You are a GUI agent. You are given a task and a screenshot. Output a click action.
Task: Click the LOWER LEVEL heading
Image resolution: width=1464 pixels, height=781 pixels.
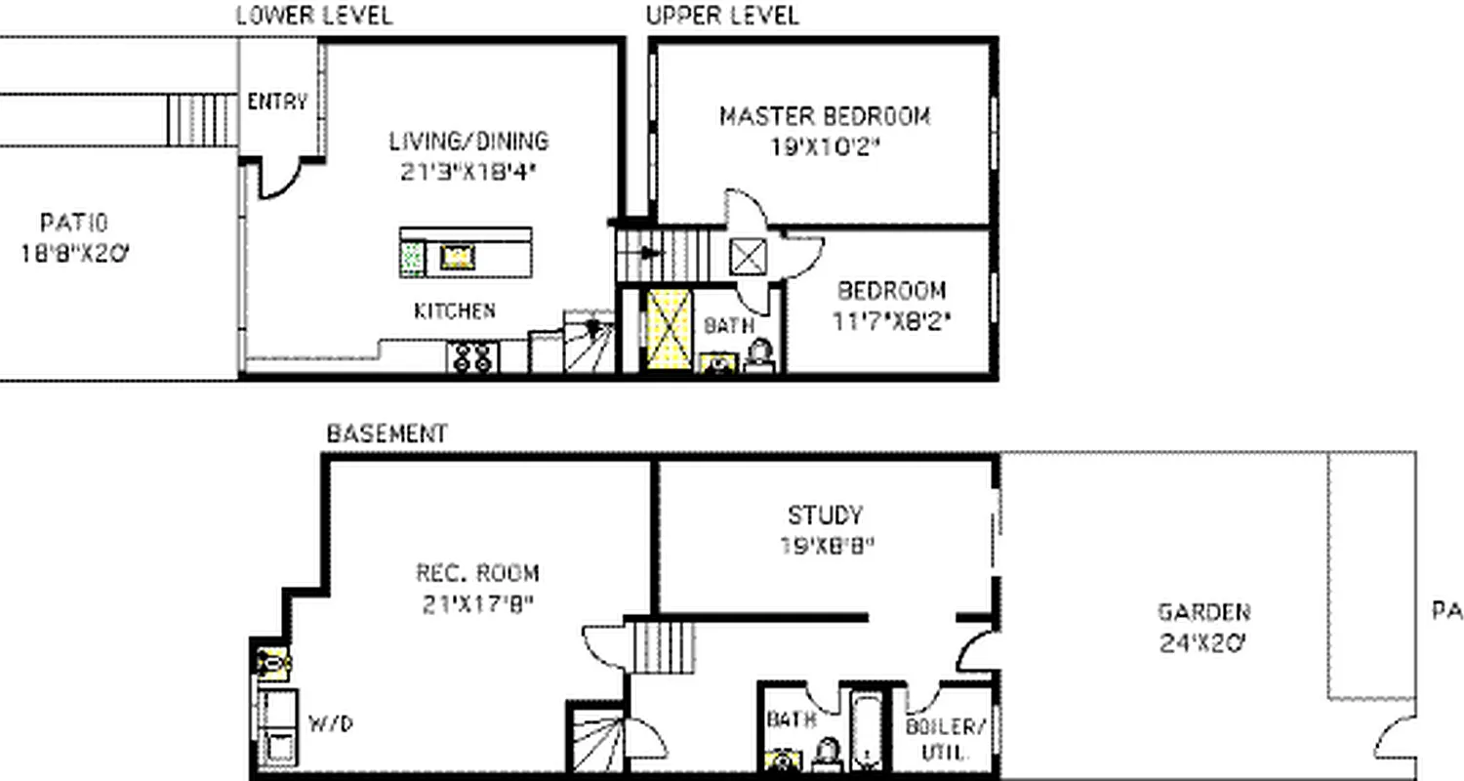(314, 16)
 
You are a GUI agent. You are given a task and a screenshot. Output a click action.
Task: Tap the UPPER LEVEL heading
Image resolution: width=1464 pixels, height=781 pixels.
(722, 16)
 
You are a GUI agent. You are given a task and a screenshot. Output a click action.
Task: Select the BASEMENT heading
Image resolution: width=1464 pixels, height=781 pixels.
(386, 433)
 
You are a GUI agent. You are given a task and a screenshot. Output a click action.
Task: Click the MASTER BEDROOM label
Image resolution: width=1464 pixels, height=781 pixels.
(825, 117)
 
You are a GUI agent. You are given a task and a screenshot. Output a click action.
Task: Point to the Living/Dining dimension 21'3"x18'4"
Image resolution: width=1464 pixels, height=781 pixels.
(468, 171)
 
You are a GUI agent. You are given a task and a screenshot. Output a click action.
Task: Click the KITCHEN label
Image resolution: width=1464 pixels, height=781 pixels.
(454, 311)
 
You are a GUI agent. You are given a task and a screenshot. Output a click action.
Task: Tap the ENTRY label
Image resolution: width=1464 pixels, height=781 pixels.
(277, 102)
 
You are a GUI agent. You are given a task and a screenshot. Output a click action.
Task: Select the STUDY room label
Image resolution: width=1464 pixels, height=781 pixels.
(826, 514)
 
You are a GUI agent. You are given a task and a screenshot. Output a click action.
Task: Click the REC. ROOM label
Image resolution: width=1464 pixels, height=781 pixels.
(477, 573)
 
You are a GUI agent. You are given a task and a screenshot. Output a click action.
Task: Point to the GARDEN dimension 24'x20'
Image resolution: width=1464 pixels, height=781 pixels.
(1202, 643)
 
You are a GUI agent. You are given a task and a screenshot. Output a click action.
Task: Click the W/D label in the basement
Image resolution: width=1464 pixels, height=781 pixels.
(330, 724)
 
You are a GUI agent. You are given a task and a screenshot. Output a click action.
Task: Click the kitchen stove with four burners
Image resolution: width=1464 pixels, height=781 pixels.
(472, 357)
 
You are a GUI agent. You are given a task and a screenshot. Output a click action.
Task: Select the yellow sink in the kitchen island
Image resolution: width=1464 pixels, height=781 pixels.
(457, 257)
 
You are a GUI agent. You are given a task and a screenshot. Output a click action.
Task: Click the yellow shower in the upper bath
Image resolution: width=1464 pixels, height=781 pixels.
(668, 328)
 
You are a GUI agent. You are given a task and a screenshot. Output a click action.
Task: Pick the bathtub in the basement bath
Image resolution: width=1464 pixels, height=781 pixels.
(867, 730)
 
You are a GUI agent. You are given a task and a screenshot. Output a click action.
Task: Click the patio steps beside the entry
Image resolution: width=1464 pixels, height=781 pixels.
(202, 120)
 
